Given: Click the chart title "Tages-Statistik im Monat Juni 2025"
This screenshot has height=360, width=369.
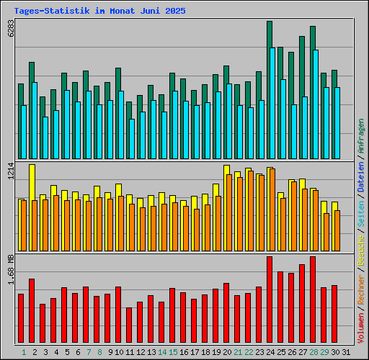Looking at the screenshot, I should point(99,12).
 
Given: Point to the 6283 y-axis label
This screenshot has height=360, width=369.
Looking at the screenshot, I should point(10,29).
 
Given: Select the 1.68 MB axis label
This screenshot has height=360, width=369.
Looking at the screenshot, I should point(10,269).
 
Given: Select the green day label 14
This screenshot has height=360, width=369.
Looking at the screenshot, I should point(162,352).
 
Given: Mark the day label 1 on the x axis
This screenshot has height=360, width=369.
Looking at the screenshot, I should point(24,352).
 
